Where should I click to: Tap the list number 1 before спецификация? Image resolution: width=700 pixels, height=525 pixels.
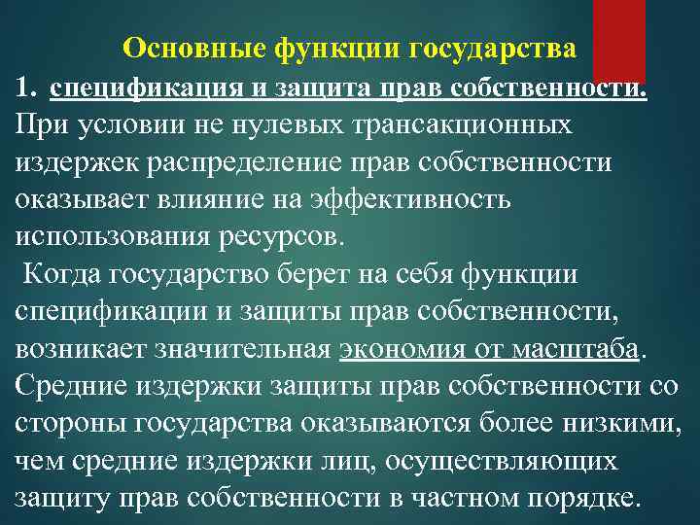pos(25,89)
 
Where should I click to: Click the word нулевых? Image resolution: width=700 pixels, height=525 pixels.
pos(297,125)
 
